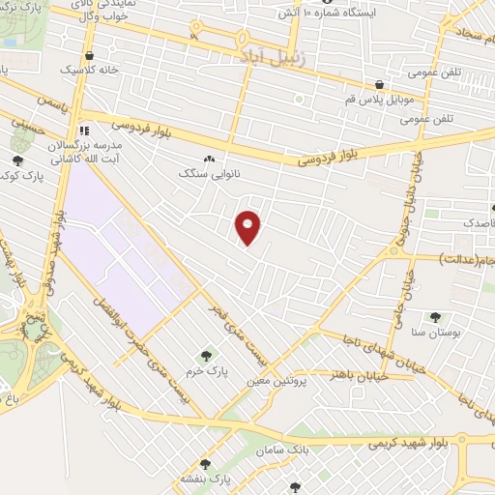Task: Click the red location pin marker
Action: tap(248, 228)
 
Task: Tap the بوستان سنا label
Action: tap(434, 332)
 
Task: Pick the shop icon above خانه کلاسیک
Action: tap(89, 55)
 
